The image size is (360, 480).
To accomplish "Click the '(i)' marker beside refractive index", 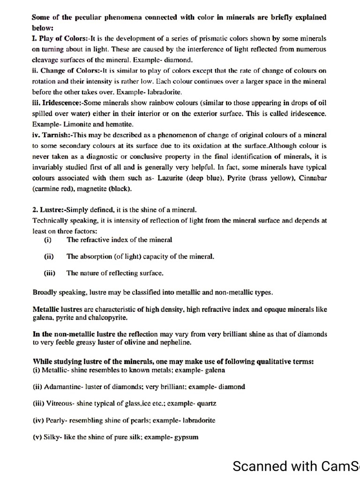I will point(48,240).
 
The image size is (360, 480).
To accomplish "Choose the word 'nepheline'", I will point(177,343).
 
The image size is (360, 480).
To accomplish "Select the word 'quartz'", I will point(207,404).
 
